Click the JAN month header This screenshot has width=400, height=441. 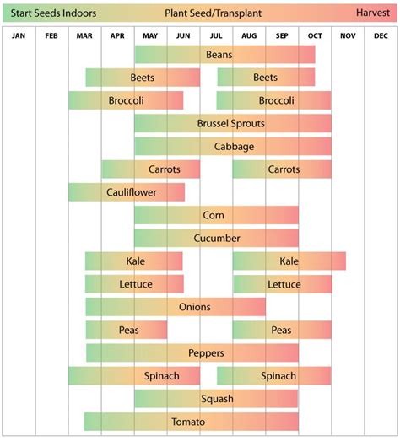click(19, 36)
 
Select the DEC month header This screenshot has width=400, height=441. click(380, 36)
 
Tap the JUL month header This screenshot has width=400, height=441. click(216, 36)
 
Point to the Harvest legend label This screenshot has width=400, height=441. click(371, 14)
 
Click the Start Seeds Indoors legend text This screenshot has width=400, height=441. click(53, 14)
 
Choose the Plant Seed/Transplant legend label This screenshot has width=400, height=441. click(201, 14)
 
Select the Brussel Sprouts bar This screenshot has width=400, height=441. click(232, 124)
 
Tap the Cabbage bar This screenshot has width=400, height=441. click(232, 147)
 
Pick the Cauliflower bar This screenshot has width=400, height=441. click(127, 192)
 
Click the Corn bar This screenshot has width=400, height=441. click(216, 216)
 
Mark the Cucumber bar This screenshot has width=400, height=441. click(216, 239)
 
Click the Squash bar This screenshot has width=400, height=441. click(216, 399)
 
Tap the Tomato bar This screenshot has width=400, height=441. click(192, 422)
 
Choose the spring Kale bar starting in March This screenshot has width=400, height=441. click(134, 261)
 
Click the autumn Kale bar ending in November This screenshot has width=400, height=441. click(289, 261)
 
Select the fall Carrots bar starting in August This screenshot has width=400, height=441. click(283, 169)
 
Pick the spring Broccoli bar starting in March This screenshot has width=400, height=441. click(126, 100)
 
